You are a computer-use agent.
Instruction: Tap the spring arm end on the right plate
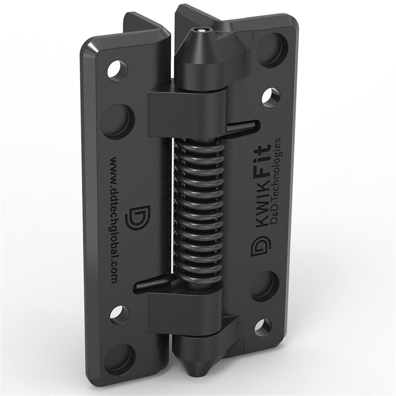pyautogui.click(x=246, y=125)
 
